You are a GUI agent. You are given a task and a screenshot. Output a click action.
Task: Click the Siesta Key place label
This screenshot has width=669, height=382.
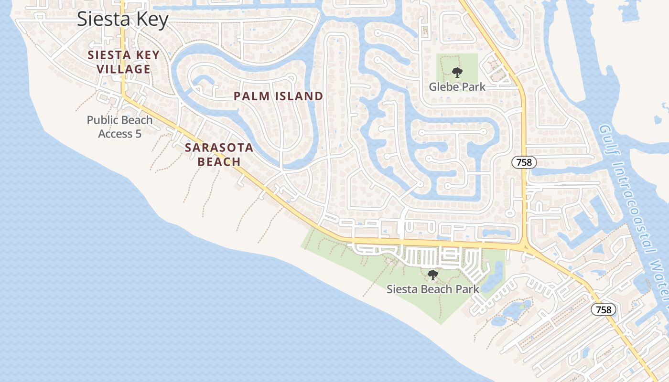tap(123, 20)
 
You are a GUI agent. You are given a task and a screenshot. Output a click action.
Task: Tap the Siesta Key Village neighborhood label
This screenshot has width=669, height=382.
tap(123, 62)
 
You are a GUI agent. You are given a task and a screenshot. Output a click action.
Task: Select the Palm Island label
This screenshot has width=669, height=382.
tap(278, 96)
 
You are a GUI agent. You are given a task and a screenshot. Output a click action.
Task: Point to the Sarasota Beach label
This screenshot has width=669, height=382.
tap(219, 154)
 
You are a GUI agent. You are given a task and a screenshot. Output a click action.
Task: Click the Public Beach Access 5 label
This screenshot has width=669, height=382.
tap(119, 127)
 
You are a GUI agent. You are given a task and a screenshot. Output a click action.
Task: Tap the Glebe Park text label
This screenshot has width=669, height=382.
tap(457, 87)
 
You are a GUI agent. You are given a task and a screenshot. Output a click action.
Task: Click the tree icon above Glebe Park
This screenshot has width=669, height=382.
tap(457, 73)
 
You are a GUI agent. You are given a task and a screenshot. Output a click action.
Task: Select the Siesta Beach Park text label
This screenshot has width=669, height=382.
tap(432, 289)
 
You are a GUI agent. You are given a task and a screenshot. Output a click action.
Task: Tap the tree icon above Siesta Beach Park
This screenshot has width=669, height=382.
tap(433, 275)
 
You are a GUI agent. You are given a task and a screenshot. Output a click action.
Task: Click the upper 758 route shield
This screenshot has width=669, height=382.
tap(524, 162)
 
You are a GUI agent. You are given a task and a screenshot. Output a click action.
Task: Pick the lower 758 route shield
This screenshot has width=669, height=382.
tap(604, 309)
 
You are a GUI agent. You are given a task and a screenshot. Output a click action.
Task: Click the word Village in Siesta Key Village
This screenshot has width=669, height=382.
tap(123, 69)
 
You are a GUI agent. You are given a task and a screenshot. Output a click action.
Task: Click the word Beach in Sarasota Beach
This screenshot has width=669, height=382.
tap(219, 161)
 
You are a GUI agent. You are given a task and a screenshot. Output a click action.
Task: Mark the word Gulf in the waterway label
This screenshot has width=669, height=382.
tap(605, 138)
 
